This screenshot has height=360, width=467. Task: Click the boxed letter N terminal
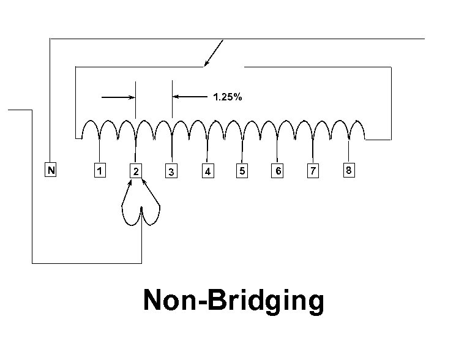[x=51, y=171]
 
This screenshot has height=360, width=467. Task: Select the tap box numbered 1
[x=100, y=171]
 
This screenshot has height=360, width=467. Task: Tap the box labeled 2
[x=136, y=171]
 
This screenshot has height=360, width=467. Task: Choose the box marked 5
[x=242, y=171]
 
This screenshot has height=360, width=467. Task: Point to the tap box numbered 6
[x=278, y=171]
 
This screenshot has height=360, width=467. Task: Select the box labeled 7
[x=313, y=171]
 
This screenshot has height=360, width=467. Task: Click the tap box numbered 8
[x=348, y=171]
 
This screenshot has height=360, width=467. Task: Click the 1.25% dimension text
[x=227, y=97]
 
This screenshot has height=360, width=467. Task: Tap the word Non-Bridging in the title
[x=233, y=301]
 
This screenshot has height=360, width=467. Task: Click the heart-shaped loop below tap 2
[x=141, y=215]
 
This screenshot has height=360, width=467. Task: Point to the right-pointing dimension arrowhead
[x=131, y=97]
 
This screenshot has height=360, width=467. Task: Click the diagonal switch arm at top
[x=214, y=53]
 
